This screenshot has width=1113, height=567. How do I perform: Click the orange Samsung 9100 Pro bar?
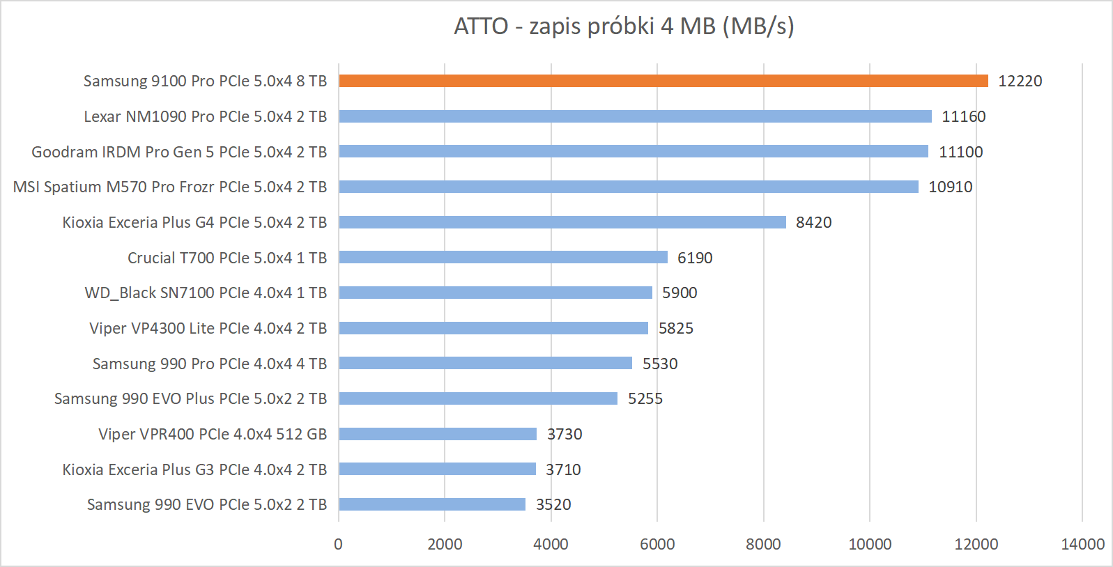point(663,81)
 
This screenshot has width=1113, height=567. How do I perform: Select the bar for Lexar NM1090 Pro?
point(635,116)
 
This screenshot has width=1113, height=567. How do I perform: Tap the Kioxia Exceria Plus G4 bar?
point(562,222)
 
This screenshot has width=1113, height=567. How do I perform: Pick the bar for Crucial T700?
point(502,258)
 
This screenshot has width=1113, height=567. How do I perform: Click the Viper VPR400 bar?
point(437,434)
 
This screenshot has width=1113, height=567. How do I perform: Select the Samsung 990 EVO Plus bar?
point(477,398)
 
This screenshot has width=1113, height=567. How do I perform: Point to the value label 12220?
point(1020,81)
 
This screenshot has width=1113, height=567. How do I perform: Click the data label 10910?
point(950,187)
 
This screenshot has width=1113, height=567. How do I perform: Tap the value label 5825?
point(675,328)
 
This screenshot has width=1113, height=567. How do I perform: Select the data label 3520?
point(553,504)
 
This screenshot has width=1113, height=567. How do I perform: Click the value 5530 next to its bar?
point(659,364)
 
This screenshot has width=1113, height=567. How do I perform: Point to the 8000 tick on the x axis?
point(763,544)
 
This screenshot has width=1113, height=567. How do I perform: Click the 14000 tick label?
point(1082,544)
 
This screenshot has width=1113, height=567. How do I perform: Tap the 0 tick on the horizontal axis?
point(339,544)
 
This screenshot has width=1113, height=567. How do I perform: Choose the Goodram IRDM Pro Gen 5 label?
point(179,152)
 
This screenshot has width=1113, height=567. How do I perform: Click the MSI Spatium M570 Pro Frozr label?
point(170,187)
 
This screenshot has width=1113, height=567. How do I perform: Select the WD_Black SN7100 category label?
point(206,293)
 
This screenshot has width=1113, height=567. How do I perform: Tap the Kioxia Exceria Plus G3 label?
point(194,469)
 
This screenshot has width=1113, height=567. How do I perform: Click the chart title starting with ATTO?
point(624,26)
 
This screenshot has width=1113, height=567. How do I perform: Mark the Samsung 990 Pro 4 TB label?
point(210,364)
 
